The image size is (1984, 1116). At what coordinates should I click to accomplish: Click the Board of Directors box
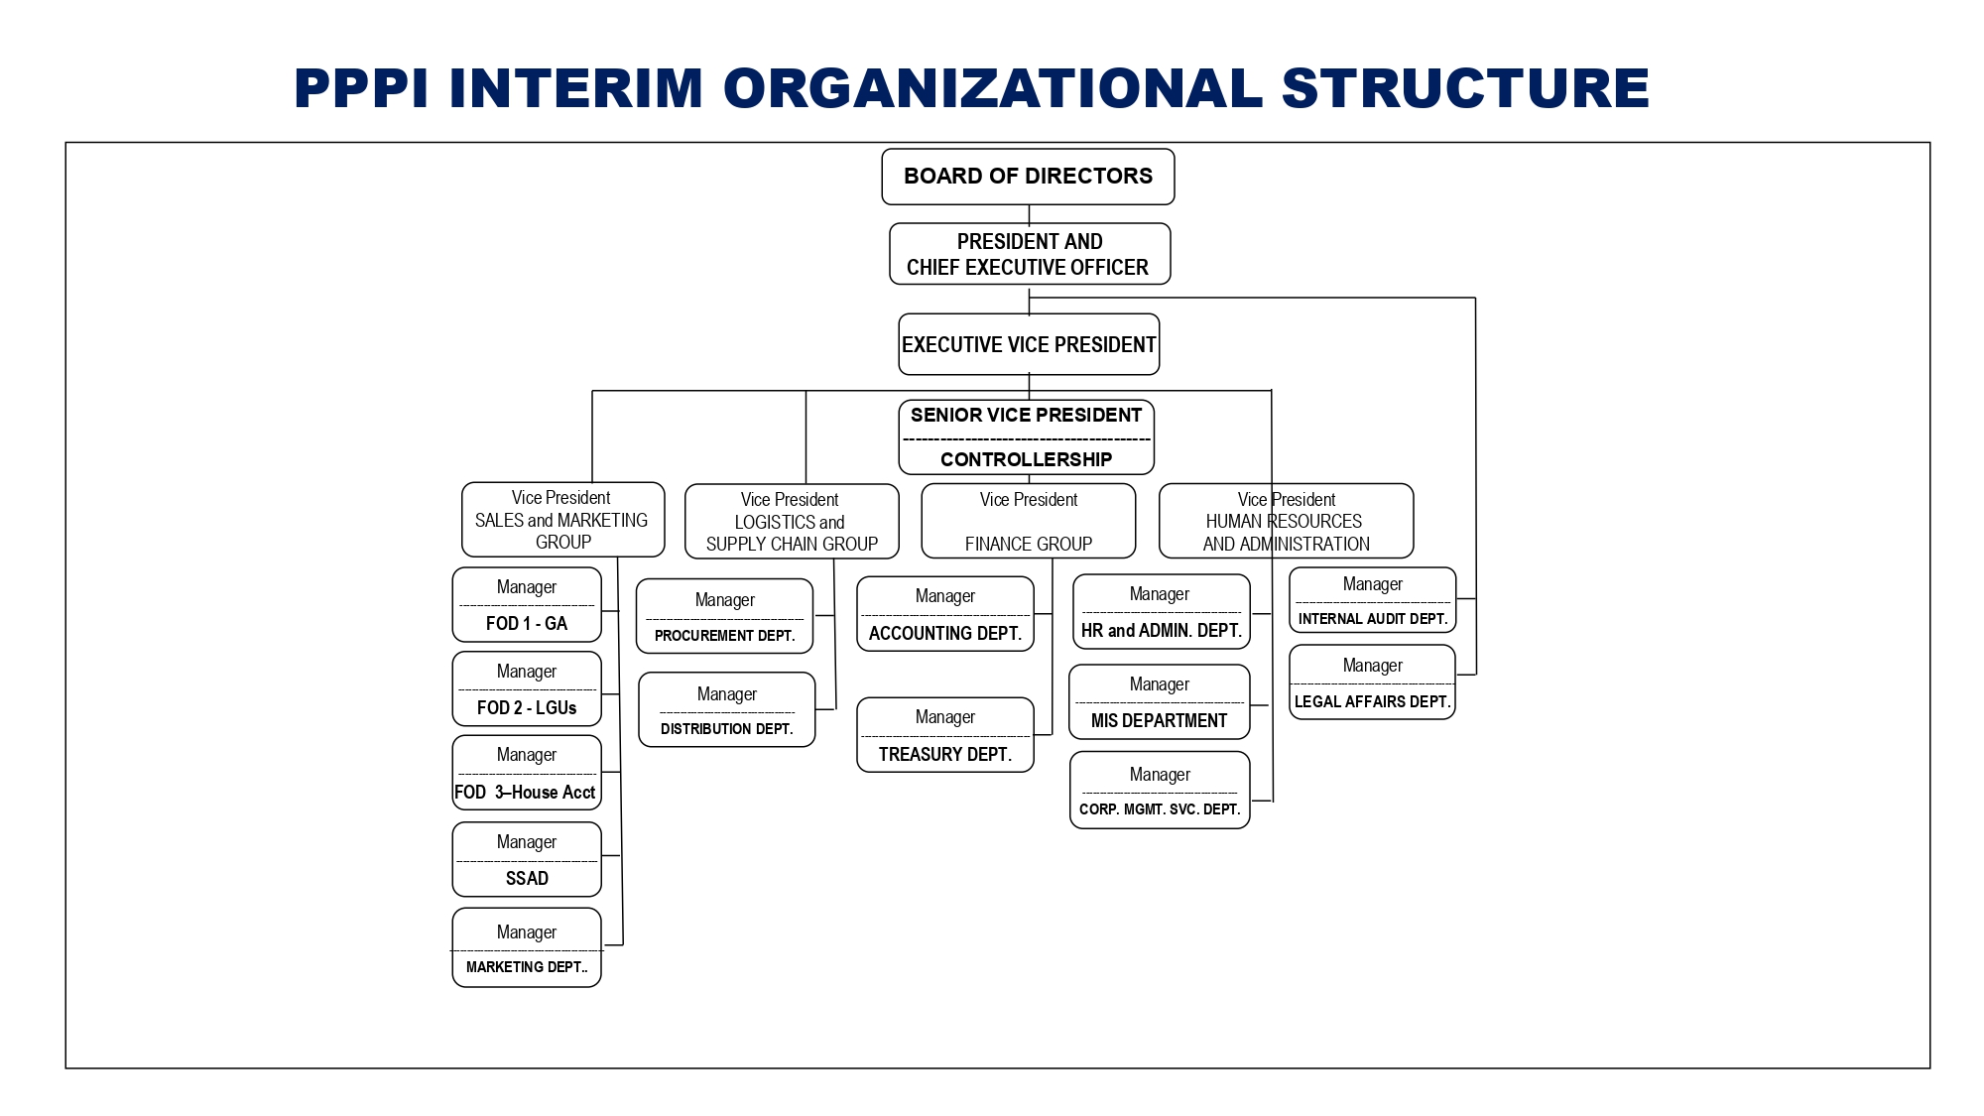1028,177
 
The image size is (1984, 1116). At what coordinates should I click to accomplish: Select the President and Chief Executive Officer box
1030,254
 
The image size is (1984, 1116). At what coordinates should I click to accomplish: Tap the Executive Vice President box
1029,344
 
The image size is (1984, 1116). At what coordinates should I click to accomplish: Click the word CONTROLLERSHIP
1027,459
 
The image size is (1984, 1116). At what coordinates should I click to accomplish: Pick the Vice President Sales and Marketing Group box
562,520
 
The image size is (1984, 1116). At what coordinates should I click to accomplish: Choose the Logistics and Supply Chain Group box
792,522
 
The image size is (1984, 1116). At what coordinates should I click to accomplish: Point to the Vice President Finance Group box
1029,521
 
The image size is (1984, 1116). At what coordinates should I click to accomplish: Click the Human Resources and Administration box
1287,521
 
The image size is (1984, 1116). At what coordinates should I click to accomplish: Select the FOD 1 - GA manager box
527,605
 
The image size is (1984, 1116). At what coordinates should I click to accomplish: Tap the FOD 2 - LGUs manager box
527,688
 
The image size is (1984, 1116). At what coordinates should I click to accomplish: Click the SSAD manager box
527,859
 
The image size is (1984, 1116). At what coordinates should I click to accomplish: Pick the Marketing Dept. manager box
527,947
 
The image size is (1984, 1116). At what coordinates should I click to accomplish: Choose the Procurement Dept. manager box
725,617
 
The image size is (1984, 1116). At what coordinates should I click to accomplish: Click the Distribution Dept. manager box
727,709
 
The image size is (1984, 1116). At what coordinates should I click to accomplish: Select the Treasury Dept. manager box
945,735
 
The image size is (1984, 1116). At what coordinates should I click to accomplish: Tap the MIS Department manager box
1160,702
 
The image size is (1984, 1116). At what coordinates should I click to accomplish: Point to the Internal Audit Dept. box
1373,600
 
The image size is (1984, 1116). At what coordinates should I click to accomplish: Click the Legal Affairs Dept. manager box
1373,682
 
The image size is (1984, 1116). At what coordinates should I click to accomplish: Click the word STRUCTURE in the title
1465,87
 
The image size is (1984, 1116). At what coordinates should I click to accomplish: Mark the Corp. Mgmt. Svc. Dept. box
1160,790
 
